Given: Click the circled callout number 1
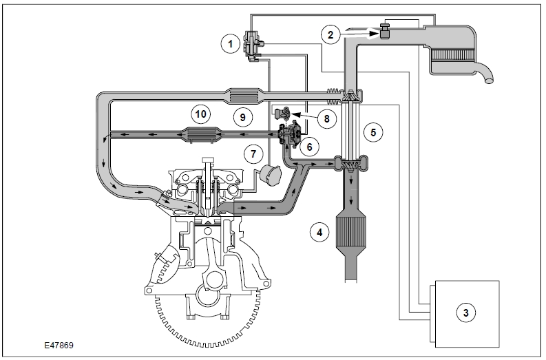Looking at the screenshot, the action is pyautogui.click(x=230, y=44).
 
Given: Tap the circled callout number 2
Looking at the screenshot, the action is pyautogui.click(x=330, y=34).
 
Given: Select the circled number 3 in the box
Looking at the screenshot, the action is pyautogui.click(x=466, y=313).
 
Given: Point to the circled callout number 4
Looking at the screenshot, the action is pyautogui.click(x=319, y=232).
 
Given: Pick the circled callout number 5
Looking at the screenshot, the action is pyautogui.click(x=373, y=132).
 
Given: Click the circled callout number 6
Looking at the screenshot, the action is pyautogui.click(x=310, y=147).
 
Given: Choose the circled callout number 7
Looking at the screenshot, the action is pyautogui.click(x=253, y=154).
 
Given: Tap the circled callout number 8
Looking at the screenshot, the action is pyautogui.click(x=326, y=118).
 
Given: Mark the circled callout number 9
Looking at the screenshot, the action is pyautogui.click(x=243, y=117).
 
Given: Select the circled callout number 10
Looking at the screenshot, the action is pyautogui.click(x=200, y=114).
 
